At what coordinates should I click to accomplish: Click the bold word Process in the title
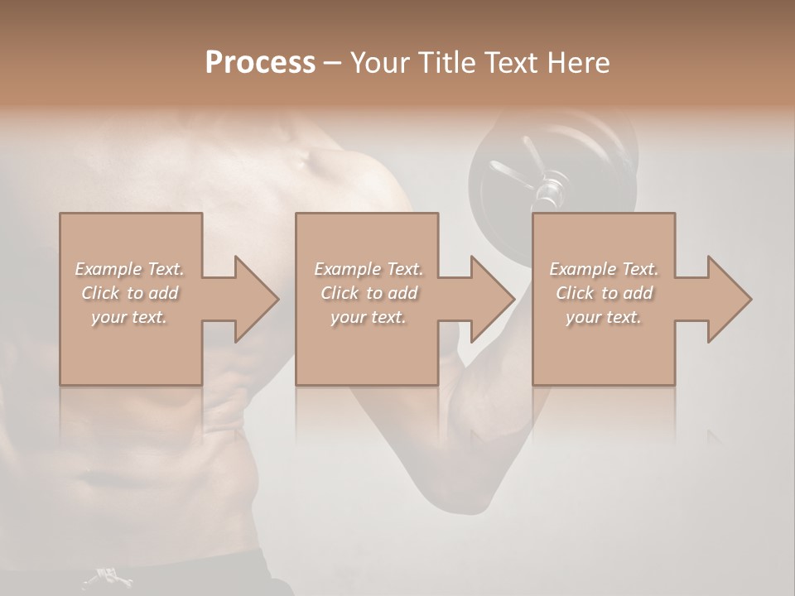(x=260, y=63)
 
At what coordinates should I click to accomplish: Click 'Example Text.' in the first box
(x=129, y=269)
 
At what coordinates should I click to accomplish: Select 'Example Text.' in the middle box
(x=368, y=269)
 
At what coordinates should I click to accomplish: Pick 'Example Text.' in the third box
(x=604, y=269)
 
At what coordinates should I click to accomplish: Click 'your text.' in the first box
(x=129, y=317)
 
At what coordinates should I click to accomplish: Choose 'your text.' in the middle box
(x=368, y=317)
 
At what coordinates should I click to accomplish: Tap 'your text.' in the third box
(x=604, y=317)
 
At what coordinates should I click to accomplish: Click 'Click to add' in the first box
(x=129, y=293)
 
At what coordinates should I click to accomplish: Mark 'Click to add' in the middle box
(x=368, y=293)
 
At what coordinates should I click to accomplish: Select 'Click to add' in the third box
(x=604, y=293)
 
